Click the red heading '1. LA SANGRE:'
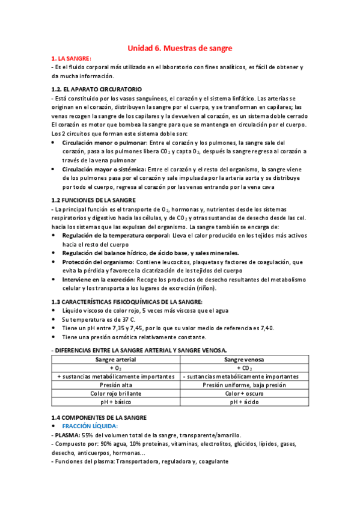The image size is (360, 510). point(71,58)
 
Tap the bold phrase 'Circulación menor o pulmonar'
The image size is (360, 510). point(105,142)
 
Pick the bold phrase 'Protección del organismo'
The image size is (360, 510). point(98,262)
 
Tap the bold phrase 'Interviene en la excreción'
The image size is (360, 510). point(99,280)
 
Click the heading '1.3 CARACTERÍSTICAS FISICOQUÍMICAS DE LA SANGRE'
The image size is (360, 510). point(127,301)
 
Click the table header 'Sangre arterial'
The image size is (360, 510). point(116,359)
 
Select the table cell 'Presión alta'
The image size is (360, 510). point(116,385)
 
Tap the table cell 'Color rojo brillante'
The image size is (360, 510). point(116,393)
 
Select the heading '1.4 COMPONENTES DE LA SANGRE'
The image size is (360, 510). point(99,417)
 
